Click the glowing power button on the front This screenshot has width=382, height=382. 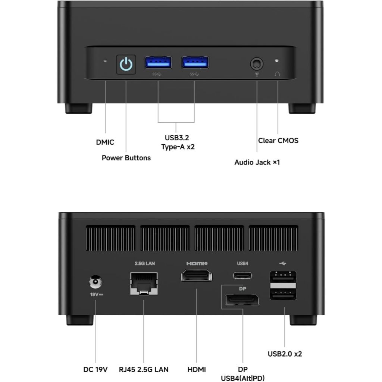(126, 65)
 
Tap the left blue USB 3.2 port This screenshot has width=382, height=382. (158, 62)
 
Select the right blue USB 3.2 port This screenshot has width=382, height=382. (195, 62)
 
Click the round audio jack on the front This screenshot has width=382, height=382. (256, 64)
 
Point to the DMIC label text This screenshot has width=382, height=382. (105, 142)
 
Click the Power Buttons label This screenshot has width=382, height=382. (126, 158)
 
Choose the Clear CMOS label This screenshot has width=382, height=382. (278, 141)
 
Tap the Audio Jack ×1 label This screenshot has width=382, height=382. (257, 162)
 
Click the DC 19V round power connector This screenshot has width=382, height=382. (95, 282)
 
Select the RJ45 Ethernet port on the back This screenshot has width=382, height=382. (144, 284)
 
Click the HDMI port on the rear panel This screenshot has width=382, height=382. (197, 277)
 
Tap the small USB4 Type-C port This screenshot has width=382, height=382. (242, 276)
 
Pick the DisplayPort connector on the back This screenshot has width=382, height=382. (242, 300)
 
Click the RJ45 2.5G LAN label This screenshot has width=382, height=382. (144, 370)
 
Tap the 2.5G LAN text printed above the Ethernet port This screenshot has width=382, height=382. (145, 263)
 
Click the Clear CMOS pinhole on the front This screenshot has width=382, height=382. (276, 60)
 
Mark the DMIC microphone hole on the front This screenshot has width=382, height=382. (105, 60)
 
